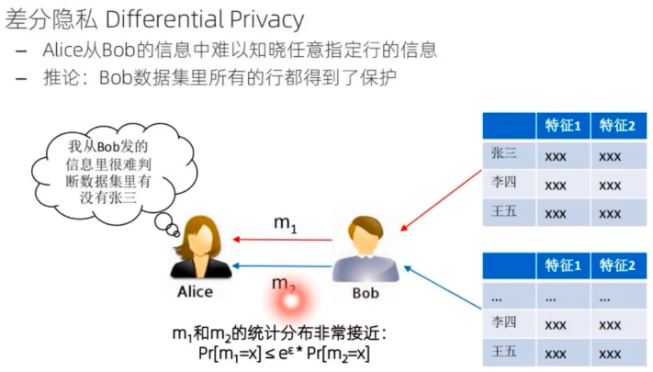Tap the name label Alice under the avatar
coord(195,291)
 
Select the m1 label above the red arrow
coord(285,222)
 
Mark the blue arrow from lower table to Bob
coord(445,292)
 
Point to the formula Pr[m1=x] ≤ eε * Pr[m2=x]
coord(285,353)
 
